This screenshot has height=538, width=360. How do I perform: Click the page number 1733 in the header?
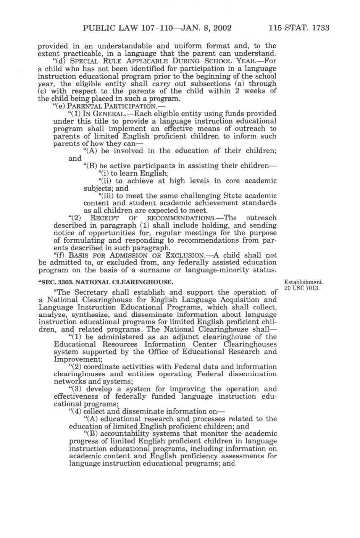[x=318, y=28]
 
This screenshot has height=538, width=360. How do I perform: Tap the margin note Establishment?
[x=304, y=282]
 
